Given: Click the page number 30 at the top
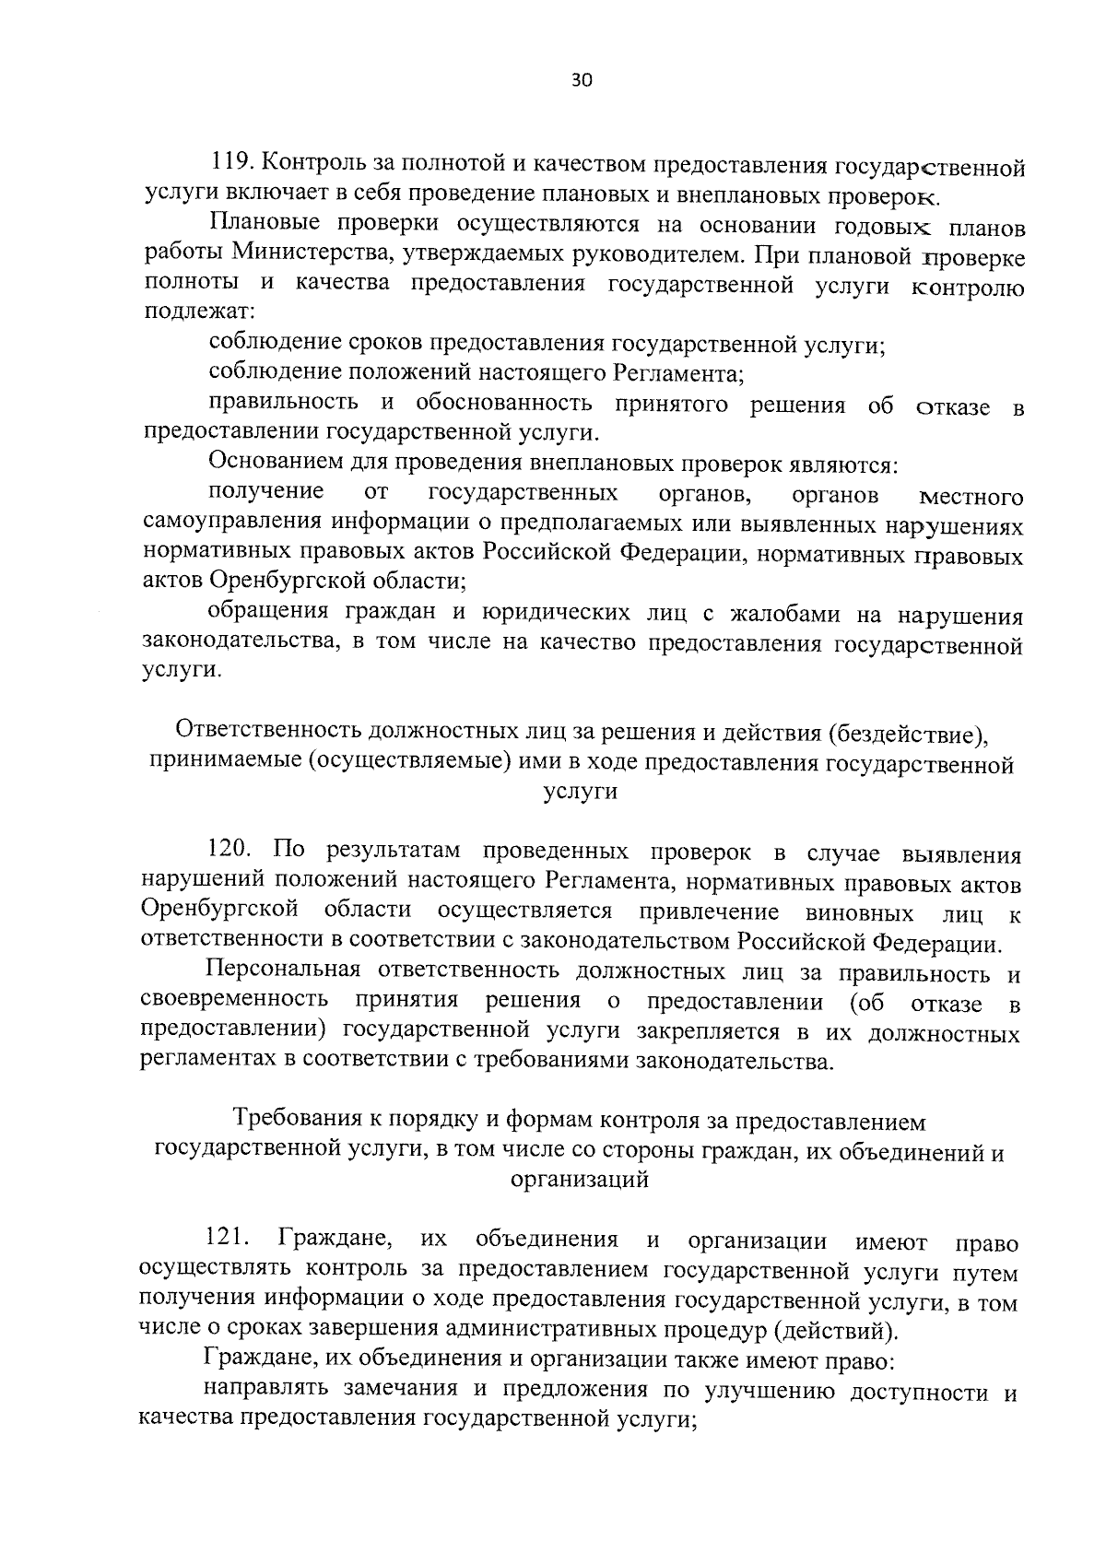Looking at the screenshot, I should pyautogui.click(x=582, y=79).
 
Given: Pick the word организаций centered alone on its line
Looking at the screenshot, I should pyautogui.click(x=579, y=1180).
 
